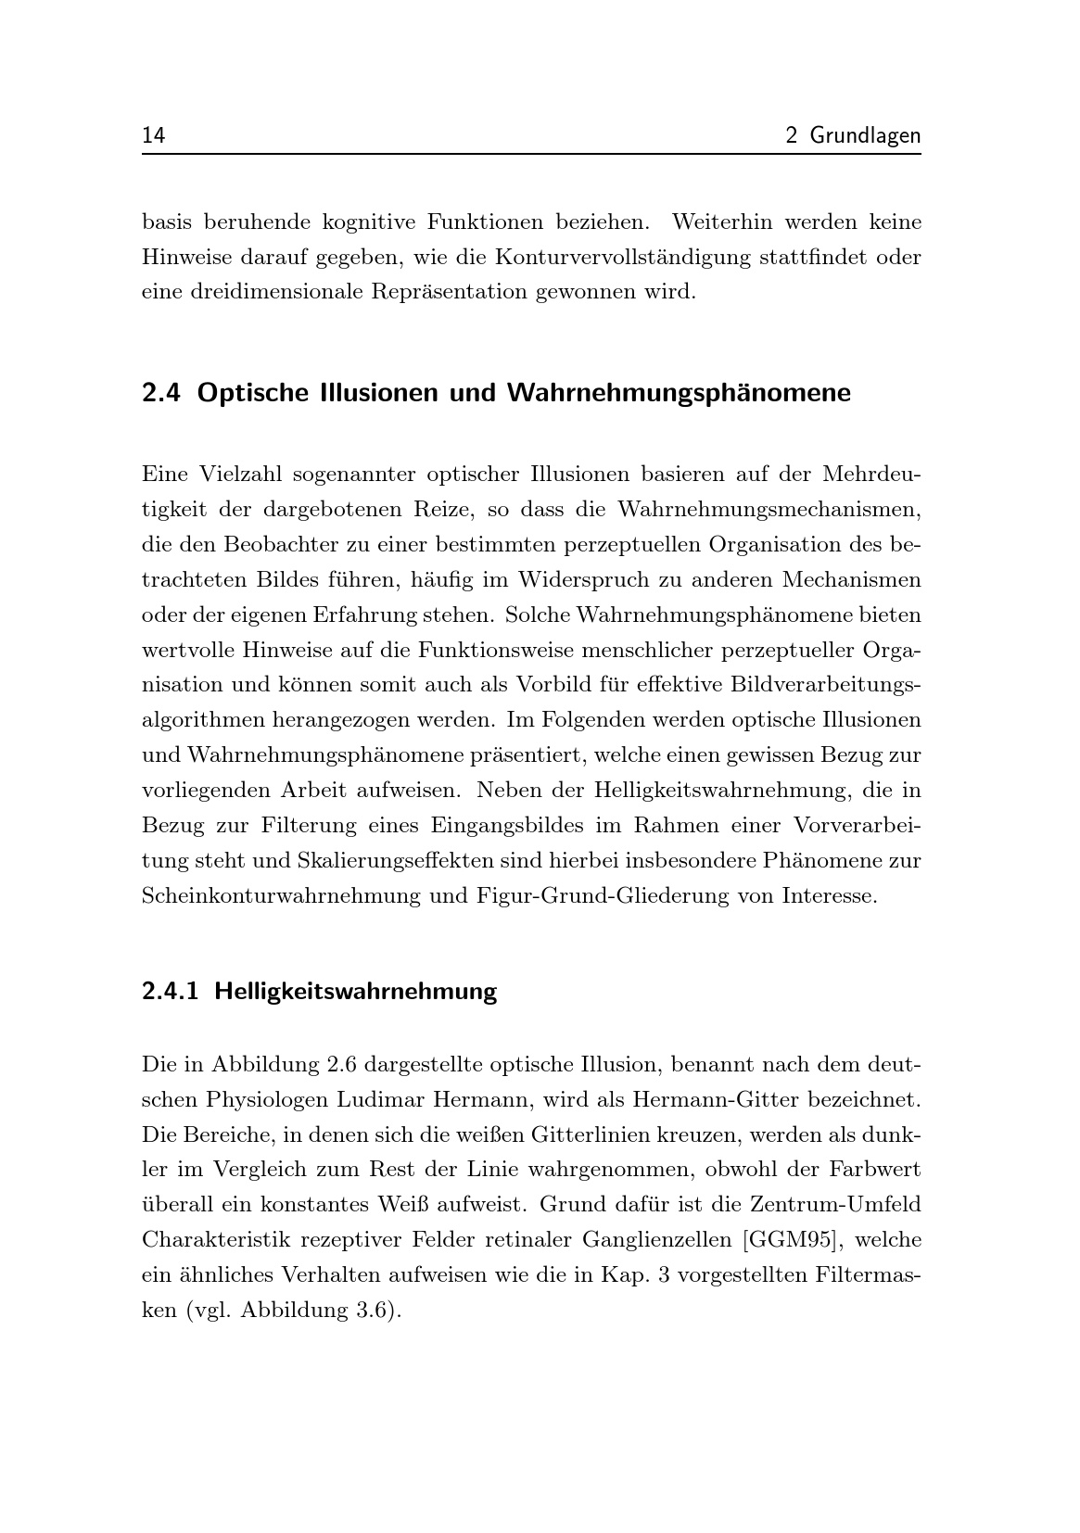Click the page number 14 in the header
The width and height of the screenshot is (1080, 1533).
coord(153,136)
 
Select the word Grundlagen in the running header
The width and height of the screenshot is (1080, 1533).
coord(865,136)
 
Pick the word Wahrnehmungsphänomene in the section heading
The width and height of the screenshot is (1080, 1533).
coord(679,393)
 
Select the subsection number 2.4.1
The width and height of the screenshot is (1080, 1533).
coord(171,992)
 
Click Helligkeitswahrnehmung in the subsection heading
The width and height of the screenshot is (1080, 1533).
coord(356,992)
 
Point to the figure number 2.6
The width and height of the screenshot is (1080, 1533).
coord(345,1064)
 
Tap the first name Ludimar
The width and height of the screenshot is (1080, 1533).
coord(380,1099)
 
